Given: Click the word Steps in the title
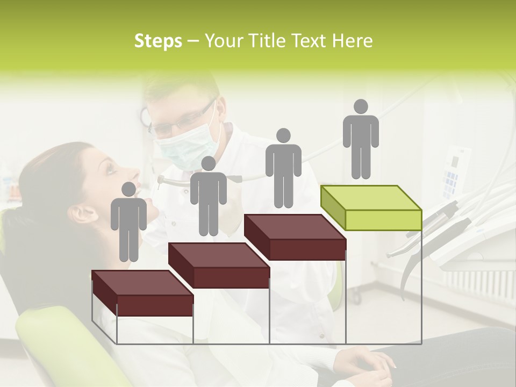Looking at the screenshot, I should tap(158, 41).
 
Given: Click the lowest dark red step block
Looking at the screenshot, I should tap(142, 293).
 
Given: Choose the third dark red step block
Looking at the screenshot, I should tap(295, 237).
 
